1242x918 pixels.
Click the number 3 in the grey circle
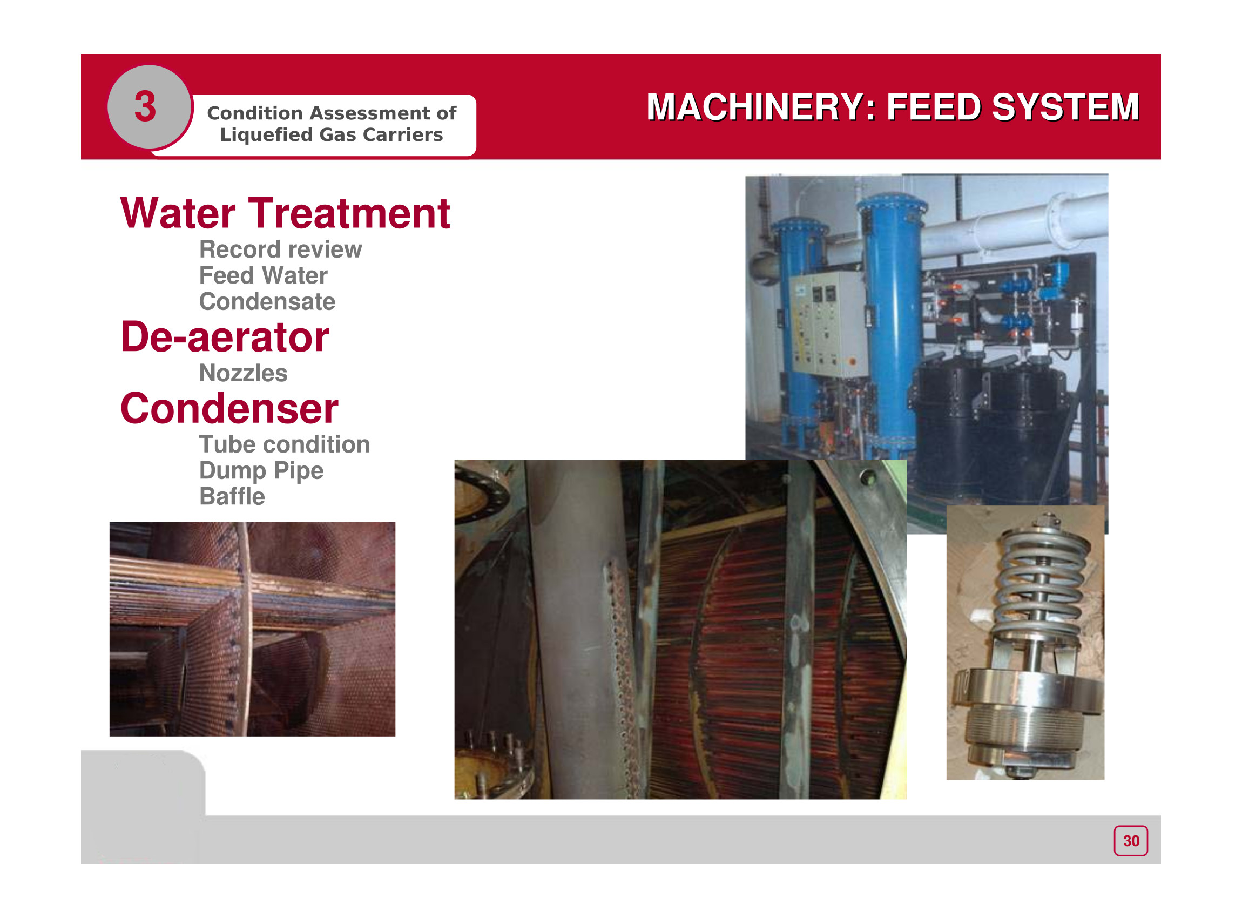(145, 107)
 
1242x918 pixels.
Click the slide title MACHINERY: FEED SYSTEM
(893, 107)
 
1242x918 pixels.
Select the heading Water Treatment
(285, 213)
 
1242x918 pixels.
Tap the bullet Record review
(281, 249)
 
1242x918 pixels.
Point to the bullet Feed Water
(264, 275)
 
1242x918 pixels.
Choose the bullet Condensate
(267, 302)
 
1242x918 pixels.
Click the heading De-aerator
(225, 337)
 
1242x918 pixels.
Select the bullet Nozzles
(244, 374)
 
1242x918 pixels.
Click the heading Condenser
(230, 408)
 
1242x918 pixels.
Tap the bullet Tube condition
(285, 444)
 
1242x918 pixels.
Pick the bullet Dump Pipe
(261, 471)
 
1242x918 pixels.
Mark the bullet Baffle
(232, 497)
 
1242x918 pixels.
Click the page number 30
(1131, 841)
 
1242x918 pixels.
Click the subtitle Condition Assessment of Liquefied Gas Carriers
(332, 124)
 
